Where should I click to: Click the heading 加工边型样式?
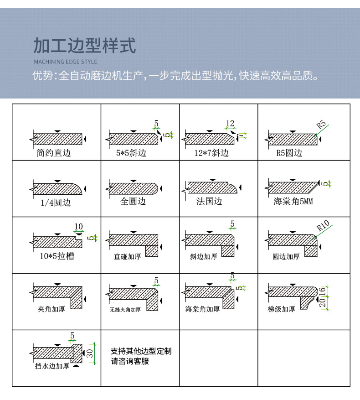coord(85,46)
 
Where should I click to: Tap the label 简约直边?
coord(54,153)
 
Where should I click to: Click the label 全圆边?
coord(133,201)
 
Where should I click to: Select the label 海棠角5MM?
coord(293,202)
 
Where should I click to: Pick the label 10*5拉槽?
coord(57,256)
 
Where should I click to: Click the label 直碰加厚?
coord(127,257)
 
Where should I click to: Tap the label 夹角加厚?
coord(51,309)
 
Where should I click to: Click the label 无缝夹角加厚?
coord(125,310)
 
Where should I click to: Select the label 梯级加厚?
coord(281,309)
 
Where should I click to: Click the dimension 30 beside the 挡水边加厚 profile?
coord(90,353)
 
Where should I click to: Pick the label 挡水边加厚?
coord(52,366)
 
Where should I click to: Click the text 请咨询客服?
coord(130,362)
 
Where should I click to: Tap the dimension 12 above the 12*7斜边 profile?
coord(230,123)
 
